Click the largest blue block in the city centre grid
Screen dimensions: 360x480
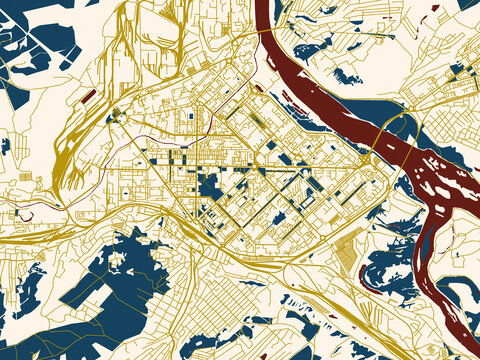point(211,184)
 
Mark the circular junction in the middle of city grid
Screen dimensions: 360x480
point(240,170)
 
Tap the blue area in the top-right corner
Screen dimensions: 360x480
point(468,4)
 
